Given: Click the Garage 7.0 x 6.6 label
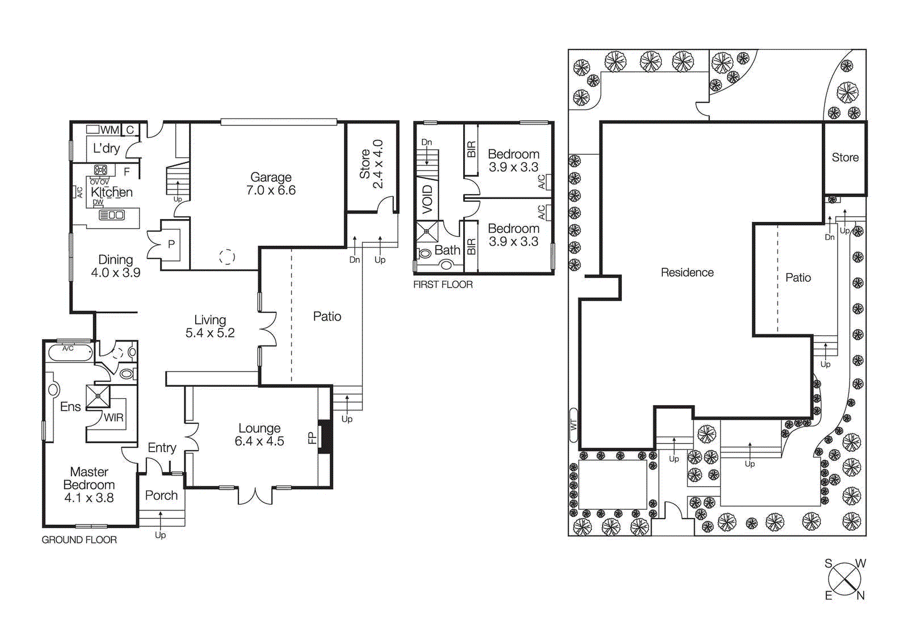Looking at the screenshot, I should (x=271, y=184).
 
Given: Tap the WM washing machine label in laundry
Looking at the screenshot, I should (x=110, y=130).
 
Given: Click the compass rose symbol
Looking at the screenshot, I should (x=844, y=579).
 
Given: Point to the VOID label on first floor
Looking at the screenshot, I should (x=427, y=199).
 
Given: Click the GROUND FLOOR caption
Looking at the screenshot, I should (x=79, y=540).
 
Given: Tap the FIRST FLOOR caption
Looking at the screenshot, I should (x=443, y=285).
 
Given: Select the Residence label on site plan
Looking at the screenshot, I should (x=687, y=273).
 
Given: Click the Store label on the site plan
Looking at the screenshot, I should (x=844, y=158).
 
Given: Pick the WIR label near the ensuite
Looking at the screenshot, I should (x=113, y=418).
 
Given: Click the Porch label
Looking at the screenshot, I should (x=161, y=495).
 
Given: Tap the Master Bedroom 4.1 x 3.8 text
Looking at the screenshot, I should (x=89, y=485).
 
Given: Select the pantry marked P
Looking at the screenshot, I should (x=171, y=244).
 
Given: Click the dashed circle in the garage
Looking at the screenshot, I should (x=227, y=256).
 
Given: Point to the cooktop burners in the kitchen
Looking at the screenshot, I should (x=100, y=170).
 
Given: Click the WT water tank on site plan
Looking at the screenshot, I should (x=573, y=424).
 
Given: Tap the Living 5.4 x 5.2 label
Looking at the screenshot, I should (x=210, y=326).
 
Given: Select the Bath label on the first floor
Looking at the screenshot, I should (x=447, y=250).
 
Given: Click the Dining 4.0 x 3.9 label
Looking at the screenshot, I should (x=116, y=266).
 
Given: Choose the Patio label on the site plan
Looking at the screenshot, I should (x=797, y=278).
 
